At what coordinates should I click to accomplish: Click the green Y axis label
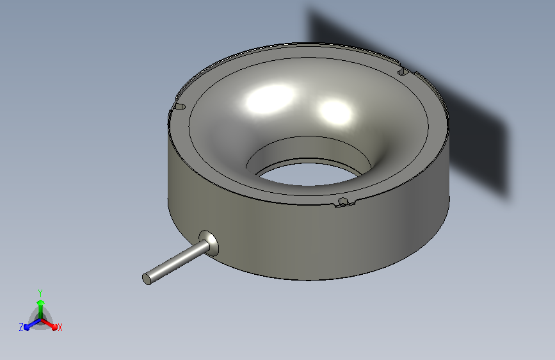(40, 293)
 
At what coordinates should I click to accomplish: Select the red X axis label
(60, 327)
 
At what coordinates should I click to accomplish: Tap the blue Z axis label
(21, 327)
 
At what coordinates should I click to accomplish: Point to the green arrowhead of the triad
(41, 302)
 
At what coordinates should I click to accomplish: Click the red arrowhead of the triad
(54, 327)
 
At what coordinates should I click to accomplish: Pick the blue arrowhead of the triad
(27, 327)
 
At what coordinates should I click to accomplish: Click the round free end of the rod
(147, 279)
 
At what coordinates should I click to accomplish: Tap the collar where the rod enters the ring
(209, 243)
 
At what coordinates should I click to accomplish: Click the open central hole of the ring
(309, 174)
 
